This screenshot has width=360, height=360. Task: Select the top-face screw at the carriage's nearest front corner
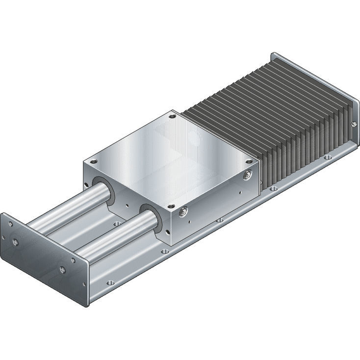click(170, 206)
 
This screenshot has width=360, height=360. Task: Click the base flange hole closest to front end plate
click(110, 283)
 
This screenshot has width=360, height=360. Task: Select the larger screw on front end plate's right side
click(62, 269)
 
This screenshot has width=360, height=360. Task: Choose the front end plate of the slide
click(44, 255)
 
